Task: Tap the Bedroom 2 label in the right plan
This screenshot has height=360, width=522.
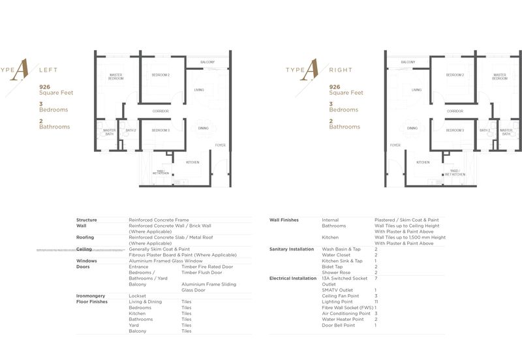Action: click(455, 75)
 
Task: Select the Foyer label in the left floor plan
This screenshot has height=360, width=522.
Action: click(221, 145)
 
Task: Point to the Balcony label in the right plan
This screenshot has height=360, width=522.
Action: click(408, 61)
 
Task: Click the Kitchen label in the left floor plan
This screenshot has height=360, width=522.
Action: click(192, 162)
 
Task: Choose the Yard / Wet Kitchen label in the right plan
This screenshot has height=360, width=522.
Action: click(458, 173)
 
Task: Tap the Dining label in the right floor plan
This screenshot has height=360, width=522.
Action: click(412, 128)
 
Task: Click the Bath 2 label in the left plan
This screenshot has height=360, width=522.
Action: click(130, 130)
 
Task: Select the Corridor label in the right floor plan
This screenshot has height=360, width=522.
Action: click(455, 111)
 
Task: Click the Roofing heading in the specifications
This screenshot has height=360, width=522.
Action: click(85, 237)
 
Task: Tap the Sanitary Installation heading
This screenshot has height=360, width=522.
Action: click(292, 249)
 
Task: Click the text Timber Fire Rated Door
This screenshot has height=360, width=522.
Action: click(207, 267)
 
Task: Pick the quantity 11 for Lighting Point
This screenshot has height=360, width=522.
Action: click(377, 301)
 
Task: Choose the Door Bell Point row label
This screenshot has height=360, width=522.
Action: click(339, 325)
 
